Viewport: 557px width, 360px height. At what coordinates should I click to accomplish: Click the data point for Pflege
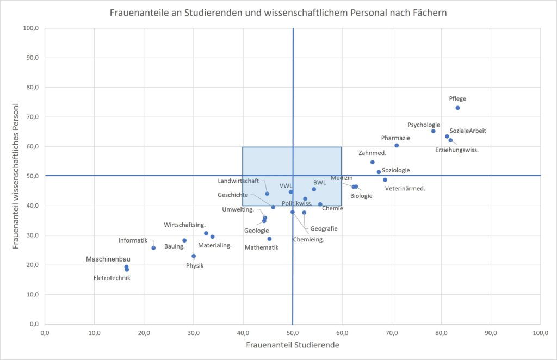(x=457, y=108)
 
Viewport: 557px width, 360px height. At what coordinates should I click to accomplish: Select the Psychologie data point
(x=434, y=131)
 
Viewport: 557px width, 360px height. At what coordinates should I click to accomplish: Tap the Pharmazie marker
(x=397, y=145)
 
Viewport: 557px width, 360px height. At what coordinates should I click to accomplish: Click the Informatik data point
(x=153, y=248)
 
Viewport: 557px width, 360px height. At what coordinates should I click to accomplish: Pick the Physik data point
(x=194, y=256)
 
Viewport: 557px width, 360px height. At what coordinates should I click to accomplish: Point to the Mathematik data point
(x=269, y=239)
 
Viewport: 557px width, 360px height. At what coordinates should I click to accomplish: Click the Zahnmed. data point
(x=373, y=162)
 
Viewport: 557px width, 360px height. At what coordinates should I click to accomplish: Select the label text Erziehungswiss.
(x=457, y=150)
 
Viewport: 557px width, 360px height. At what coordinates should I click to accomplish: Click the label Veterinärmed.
(x=405, y=189)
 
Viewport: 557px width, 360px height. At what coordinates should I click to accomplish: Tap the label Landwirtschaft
(x=238, y=181)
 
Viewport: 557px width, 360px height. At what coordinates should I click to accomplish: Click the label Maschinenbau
(x=108, y=259)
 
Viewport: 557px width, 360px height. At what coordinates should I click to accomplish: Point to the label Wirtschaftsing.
(x=185, y=225)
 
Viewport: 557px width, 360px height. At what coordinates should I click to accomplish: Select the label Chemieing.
(x=308, y=239)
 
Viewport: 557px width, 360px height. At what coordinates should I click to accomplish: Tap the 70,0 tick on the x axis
(x=392, y=333)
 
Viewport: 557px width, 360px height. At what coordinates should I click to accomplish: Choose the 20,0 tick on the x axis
(x=144, y=333)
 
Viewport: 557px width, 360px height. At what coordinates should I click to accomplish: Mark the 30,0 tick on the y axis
(x=32, y=235)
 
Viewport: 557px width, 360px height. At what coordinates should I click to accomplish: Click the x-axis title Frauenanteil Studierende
(x=293, y=345)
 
